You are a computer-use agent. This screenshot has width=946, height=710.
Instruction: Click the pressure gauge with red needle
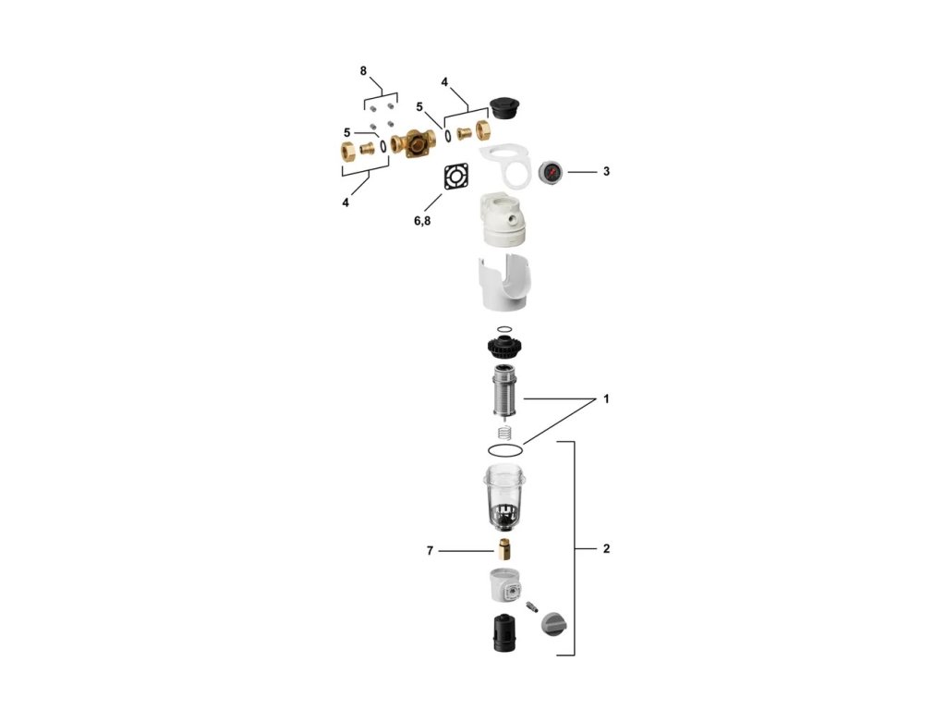click(x=551, y=173)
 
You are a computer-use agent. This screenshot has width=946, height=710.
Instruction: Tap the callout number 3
click(x=606, y=171)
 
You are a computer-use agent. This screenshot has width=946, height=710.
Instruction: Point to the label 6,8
click(x=422, y=221)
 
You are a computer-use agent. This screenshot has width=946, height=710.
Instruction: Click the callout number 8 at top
click(x=363, y=71)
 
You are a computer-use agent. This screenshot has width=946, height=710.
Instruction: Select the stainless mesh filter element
click(x=505, y=391)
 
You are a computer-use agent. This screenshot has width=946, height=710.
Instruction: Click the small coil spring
click(x=505, y=433)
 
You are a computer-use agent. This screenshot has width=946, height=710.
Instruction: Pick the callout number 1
click(x=606, y=399)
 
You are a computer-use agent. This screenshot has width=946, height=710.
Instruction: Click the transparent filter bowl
click(x=505, y=498)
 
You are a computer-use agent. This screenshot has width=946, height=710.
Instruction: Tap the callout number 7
click(x=430, y=551)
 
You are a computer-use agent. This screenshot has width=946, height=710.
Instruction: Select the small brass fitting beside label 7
click(x=504, y=550)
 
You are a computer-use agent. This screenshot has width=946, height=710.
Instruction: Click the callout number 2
click(x=606, y=549)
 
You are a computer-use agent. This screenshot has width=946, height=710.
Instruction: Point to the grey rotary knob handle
click(x=554, y=624)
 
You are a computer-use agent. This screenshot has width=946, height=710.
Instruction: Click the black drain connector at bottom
click(x=505, y=633)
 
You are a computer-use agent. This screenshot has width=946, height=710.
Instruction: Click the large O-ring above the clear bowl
click(x=505, y=450)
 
